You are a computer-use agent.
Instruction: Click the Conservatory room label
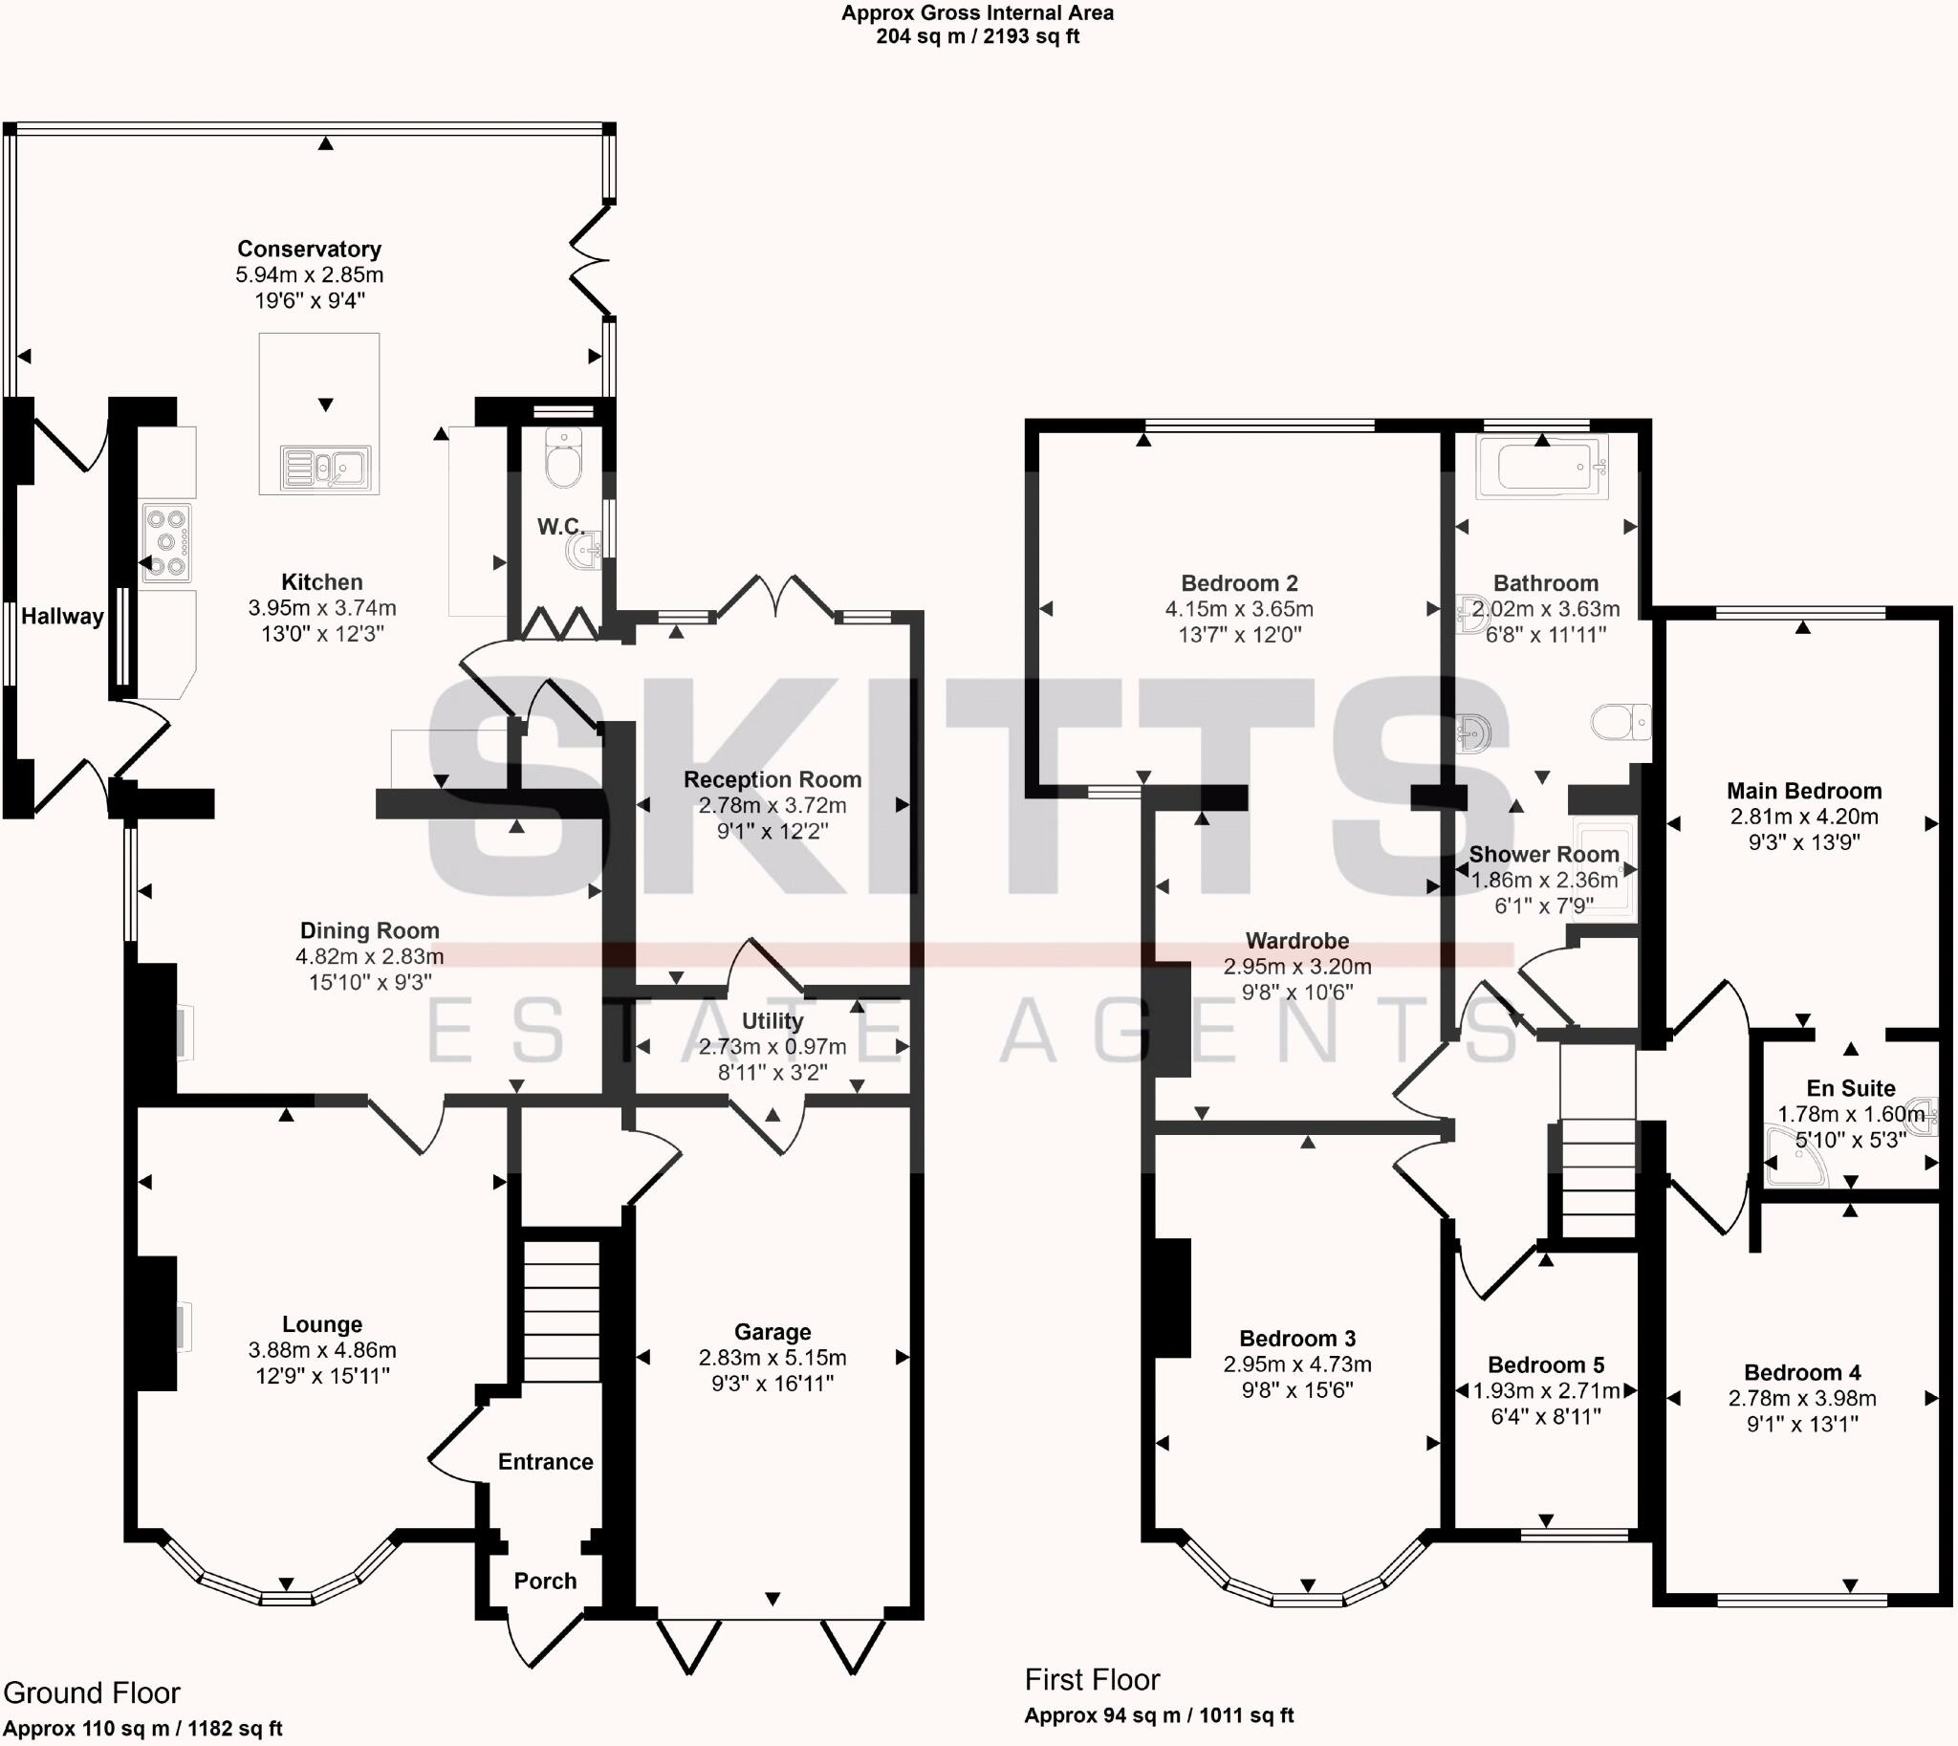(309, 250)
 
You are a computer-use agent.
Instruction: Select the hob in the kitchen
(166, 543)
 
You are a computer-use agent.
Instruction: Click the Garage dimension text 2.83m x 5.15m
(772, 1358)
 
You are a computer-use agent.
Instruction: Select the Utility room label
(772, 1021)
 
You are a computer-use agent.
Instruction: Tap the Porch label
(545, 1581)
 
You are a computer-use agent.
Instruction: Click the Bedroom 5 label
(1546, 1365)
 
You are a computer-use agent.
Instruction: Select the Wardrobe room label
(1297, 941)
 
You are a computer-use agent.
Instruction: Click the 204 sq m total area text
(976, 37)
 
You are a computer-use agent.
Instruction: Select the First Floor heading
(1092, 1680)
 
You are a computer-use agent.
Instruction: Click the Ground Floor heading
(92, 1693)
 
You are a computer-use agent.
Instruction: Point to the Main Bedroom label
(1803, 792)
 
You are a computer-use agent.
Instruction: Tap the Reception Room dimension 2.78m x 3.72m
(772, 806)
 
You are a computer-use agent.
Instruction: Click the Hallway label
(62, 617)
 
